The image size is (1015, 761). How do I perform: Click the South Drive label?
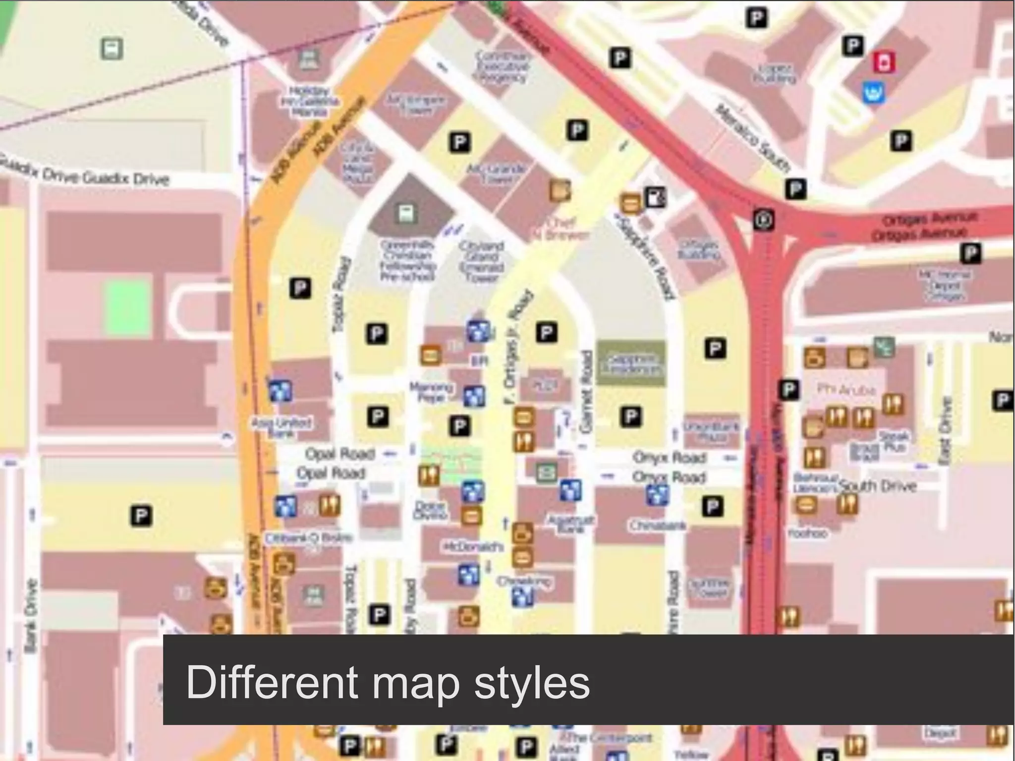pos(877,486)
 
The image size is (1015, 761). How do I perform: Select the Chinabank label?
pos(657,526)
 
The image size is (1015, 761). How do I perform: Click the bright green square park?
pos(127,306)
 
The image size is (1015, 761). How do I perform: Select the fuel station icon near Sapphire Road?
pos(655,197)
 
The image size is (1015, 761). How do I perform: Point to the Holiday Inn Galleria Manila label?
pos(310,102)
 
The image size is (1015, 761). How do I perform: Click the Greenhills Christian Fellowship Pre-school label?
pos(408,260)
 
